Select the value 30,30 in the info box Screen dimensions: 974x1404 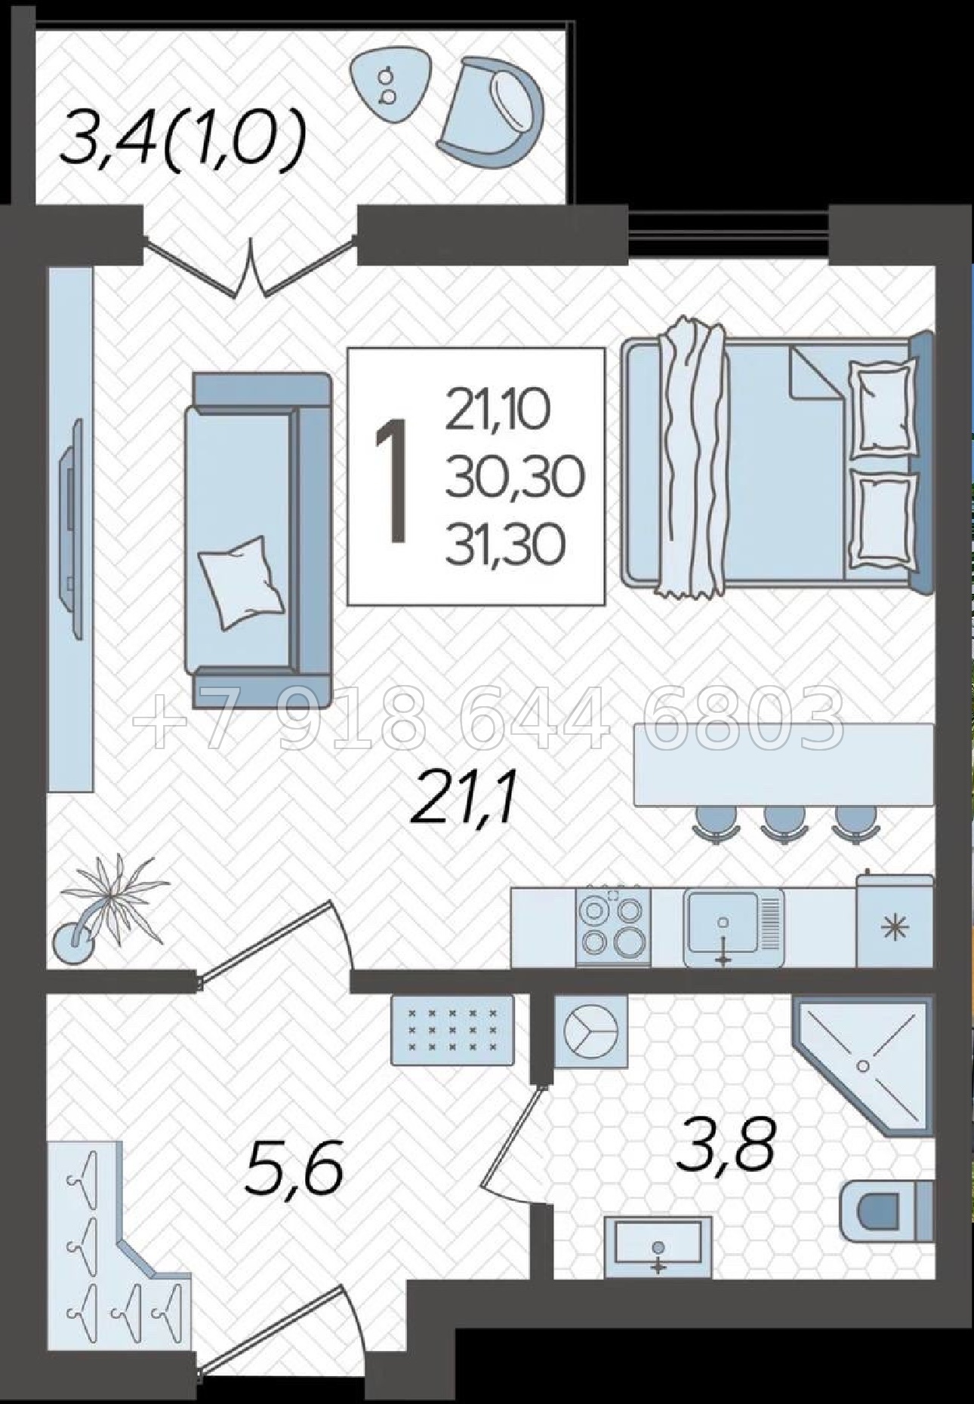[x=515, y=479]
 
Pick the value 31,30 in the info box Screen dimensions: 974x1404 [x=505, y=545]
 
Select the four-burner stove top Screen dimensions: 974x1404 [x=613, y=926]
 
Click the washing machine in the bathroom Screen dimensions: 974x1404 [x=591, y=1031]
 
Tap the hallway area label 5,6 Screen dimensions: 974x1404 [x=294, y=1169]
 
